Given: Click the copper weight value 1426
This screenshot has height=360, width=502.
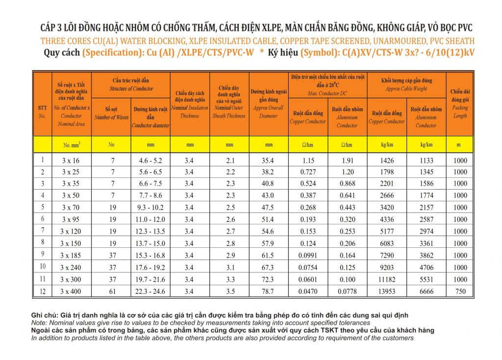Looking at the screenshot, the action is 387,160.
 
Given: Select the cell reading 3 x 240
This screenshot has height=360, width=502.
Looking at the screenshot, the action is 71,267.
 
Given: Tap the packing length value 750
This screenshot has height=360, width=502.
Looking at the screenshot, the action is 460,291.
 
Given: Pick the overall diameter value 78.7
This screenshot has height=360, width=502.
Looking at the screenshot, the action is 268,291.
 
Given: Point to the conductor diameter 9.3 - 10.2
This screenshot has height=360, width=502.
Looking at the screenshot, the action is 150,207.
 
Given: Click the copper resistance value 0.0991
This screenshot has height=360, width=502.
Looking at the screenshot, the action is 308,255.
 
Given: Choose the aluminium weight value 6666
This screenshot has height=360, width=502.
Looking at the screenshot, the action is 427,291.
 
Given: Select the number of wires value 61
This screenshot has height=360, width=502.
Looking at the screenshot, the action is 112,291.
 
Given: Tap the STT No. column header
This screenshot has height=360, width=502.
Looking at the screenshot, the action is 42,112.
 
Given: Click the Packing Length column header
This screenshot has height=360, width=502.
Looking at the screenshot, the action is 460,104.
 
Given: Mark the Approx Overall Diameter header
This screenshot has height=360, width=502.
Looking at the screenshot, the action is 269,104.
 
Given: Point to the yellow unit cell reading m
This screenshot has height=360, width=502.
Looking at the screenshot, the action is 459,144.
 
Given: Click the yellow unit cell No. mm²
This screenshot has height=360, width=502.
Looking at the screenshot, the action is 72,144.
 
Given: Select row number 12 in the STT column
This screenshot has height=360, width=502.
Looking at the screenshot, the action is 43,291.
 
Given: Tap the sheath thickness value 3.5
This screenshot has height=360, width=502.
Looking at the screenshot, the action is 230,291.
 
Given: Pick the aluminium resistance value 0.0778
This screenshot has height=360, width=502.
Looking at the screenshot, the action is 348,291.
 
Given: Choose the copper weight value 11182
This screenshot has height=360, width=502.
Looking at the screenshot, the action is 387,279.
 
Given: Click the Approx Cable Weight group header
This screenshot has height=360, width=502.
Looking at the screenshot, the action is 406,84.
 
